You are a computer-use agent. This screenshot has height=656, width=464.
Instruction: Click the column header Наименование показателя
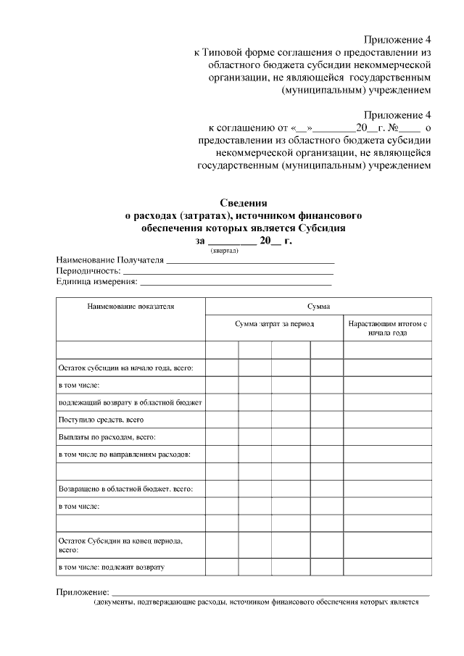tap(131, 307)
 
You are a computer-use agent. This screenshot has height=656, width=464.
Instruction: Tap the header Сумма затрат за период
tap(274, 323)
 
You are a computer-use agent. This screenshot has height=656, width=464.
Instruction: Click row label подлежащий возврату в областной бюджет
tap(130, 402)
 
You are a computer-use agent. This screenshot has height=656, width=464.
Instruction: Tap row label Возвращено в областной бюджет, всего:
tap(125, 489)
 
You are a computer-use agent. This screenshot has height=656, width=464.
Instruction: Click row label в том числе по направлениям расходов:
tap(125, 454)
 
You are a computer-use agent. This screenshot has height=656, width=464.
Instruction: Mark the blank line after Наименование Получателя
tap(250, 260)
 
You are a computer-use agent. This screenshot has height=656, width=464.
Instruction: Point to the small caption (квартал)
tap(225, 250)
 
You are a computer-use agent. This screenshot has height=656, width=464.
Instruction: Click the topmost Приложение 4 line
tap(398, 40)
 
